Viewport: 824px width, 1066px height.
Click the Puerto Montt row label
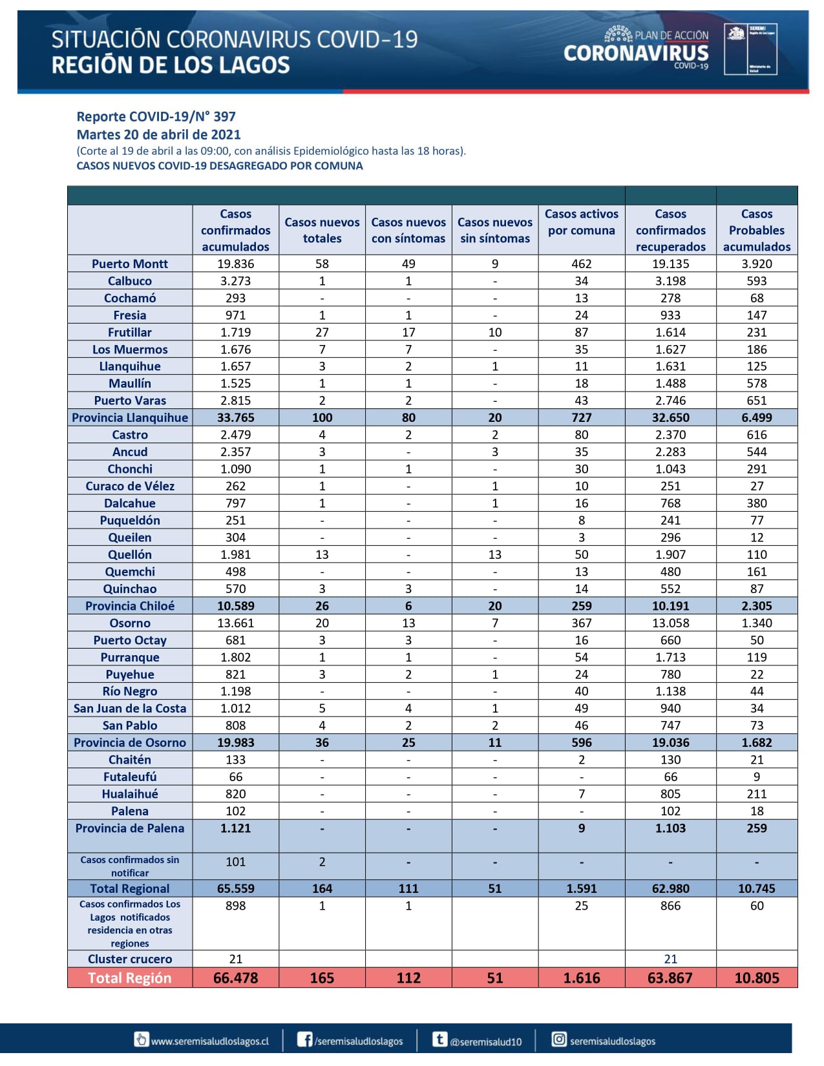[x=129, y=264]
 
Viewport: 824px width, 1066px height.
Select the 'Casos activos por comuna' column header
[x=581, y=222]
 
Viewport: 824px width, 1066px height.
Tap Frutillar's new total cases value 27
[x=322, y=332]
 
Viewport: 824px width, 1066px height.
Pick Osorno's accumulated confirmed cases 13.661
[x=235, y=623]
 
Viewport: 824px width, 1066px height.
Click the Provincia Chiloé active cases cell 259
[x=581, y=606]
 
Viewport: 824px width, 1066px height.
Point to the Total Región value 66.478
[x=235, y=978]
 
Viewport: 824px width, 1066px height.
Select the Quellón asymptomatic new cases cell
[x=494, y=554]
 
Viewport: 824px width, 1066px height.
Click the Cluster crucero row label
[x=129, y=959]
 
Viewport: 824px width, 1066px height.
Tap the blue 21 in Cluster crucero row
[x=670, y=959]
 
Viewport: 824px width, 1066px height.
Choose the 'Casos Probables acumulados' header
[x=756, y=230]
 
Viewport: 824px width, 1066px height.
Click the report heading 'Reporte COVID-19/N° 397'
[x=156, y=117]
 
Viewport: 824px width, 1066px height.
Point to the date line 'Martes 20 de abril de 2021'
[x=158, y=135]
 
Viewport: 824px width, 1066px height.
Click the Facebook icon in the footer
[x=304, y=1039]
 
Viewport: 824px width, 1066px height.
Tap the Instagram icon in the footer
[x=559, y=1039]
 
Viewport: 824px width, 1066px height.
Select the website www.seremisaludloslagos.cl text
[x=209, y=1041]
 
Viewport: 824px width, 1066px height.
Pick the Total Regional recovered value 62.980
[x=670, y=888]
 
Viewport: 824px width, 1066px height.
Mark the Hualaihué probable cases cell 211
[x=756, y=794]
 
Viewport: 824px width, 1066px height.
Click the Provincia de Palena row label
[x=129, y=828]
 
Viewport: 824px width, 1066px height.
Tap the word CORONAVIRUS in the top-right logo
[x=636, y=53]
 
